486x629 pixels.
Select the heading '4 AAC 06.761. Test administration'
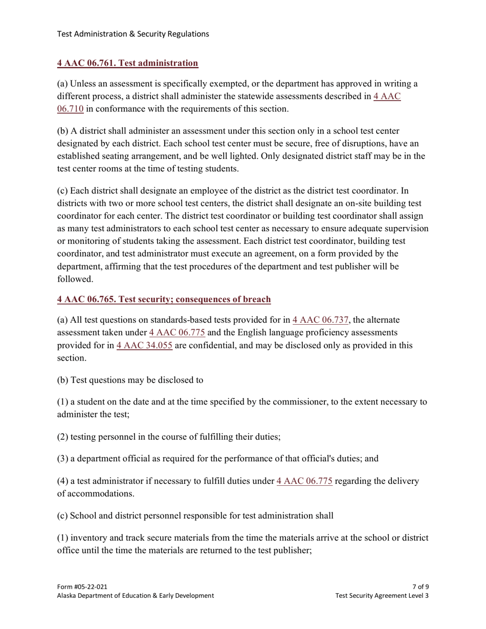point(127,63)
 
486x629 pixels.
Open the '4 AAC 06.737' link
point(320,320)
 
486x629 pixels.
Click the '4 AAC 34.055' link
point(144,345)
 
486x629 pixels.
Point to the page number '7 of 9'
point(420,587)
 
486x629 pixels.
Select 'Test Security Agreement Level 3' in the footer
point(382,596)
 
